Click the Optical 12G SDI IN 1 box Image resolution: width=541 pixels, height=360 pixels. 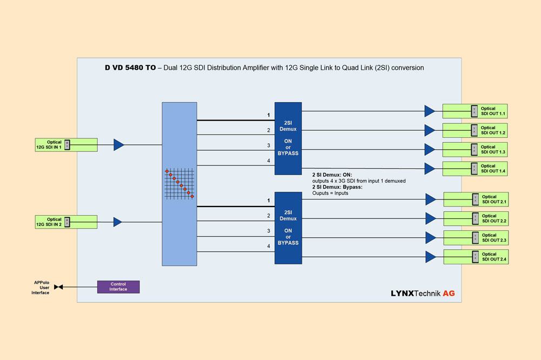66,144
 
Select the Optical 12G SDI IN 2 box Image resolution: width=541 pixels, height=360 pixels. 66,222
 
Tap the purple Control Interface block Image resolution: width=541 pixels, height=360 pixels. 118,286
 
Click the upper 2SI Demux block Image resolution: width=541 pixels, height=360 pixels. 288,138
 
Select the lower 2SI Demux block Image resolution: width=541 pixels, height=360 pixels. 288,228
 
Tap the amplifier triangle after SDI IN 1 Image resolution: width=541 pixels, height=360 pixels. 118,144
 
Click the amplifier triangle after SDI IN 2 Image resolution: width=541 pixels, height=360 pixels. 117,222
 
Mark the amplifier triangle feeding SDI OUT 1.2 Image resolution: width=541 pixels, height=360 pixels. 430,130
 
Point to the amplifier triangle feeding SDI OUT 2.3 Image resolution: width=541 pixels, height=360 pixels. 430,237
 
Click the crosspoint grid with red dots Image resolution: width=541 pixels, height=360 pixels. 179,184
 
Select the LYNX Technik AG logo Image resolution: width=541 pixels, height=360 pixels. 423,294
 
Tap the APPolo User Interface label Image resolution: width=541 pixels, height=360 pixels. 41,287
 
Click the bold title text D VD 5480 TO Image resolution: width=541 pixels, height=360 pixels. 130,68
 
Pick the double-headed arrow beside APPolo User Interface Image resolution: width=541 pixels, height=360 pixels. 58,287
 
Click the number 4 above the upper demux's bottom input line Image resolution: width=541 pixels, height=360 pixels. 268,161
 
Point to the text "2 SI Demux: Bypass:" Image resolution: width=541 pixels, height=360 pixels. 337,187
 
